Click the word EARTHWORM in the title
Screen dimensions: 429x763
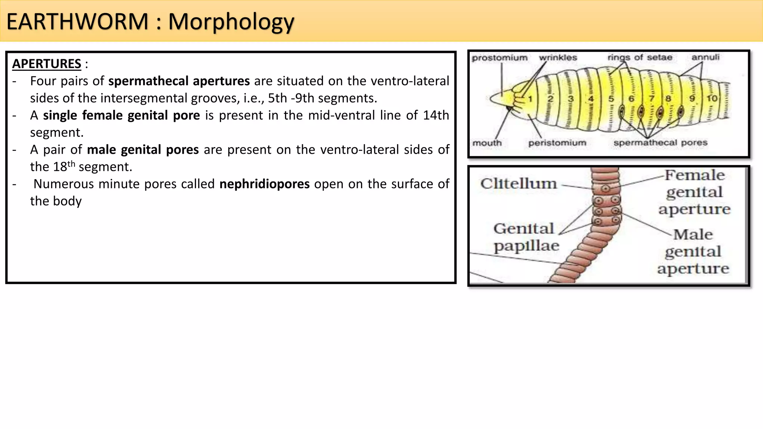click(77, 22)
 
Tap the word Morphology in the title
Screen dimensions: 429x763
click(231, 22)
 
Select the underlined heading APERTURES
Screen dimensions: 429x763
click(47, 64)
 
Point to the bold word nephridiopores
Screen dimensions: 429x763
click(265, 184)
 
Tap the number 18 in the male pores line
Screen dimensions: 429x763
click(60, 166)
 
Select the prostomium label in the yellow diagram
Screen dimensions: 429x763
click(500, 58)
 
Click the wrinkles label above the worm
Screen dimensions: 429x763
click(558, 57)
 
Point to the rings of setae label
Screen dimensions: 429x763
click(640, 57)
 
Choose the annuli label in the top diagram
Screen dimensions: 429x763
click(705, 57)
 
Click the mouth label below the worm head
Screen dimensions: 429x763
click(487, 143)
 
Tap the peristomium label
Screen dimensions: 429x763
click(557, 143)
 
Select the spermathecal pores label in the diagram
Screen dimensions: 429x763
click(660, 143)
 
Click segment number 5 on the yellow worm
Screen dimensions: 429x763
click(611, 99)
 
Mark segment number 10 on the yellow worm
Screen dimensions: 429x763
click(712, 98)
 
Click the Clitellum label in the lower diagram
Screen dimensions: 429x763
click(518, 184)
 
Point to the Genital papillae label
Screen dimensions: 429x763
click(526, 237)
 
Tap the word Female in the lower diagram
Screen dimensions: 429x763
click(695, 175)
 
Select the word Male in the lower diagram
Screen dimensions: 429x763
click(693, 235)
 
